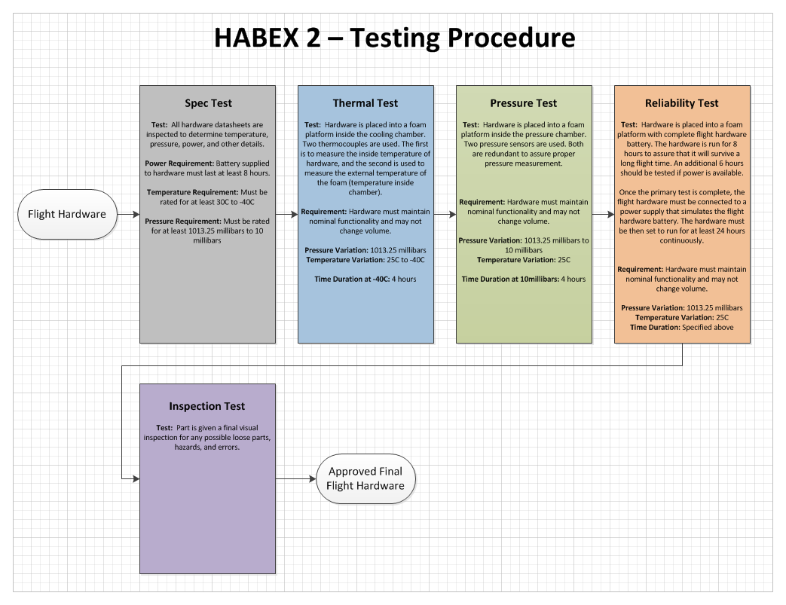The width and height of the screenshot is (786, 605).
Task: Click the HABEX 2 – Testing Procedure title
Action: (x=394, y=37)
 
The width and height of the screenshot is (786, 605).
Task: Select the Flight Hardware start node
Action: (x=67, y=214)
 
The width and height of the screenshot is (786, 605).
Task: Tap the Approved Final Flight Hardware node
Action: (x=365, y=478)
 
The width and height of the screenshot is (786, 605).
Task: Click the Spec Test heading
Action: (x=208, y=103)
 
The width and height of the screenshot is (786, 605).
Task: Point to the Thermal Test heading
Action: (x=365, y=103)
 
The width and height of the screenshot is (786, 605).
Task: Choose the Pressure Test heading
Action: (x=524, y=103)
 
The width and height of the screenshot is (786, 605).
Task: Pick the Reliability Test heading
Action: (x=682, y=103)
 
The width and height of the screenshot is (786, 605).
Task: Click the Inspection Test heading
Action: (x=207, y=406)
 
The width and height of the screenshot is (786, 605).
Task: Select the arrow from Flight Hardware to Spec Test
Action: (x=128, y=214)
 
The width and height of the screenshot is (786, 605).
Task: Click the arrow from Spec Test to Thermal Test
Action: (x=286, y=214)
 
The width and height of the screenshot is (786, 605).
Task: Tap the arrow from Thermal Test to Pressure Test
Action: (x=445, y=214)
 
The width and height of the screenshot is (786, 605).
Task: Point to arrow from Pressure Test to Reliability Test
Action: (x=603, y=214)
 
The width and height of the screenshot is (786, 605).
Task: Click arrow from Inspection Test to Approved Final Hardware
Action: (x=295, y=478)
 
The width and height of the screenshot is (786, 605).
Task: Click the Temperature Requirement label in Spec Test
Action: (x=191, y=192)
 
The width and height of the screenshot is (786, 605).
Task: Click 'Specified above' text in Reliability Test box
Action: (x=708, y=328)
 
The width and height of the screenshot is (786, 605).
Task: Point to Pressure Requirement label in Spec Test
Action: (x=183, y=222)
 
